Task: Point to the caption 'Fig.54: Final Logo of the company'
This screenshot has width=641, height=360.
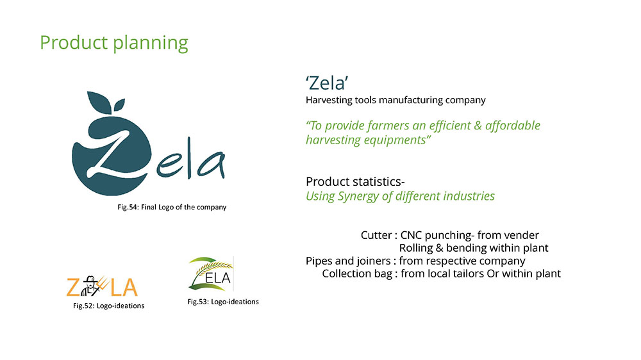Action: (172, 207)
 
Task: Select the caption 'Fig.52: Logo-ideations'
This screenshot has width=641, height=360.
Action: (109, 306)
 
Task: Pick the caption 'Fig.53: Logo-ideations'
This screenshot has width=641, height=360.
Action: (223, 302)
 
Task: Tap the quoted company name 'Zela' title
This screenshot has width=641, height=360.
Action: (327, 83)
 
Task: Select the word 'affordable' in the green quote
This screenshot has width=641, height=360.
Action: (513, 126)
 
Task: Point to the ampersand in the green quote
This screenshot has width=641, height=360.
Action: (478, 126)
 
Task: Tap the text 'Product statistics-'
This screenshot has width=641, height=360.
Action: (355, 181)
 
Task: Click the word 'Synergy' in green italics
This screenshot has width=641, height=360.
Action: (358, 197)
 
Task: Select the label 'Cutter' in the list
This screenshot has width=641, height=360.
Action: (376, 235)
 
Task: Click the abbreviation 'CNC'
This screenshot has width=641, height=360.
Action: (411, 235)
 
